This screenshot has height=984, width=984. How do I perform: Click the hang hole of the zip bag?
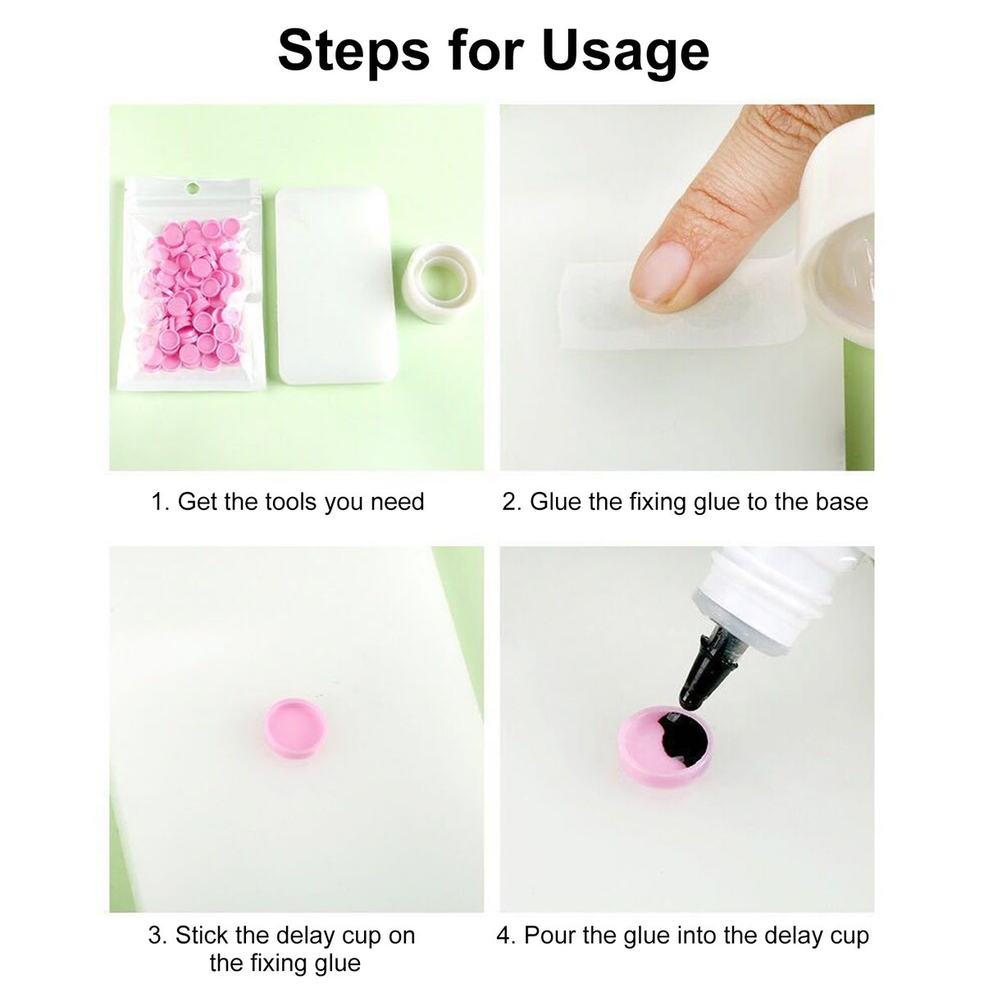192,189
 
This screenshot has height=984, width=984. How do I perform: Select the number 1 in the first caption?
159,502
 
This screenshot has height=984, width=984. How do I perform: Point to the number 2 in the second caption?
511,502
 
